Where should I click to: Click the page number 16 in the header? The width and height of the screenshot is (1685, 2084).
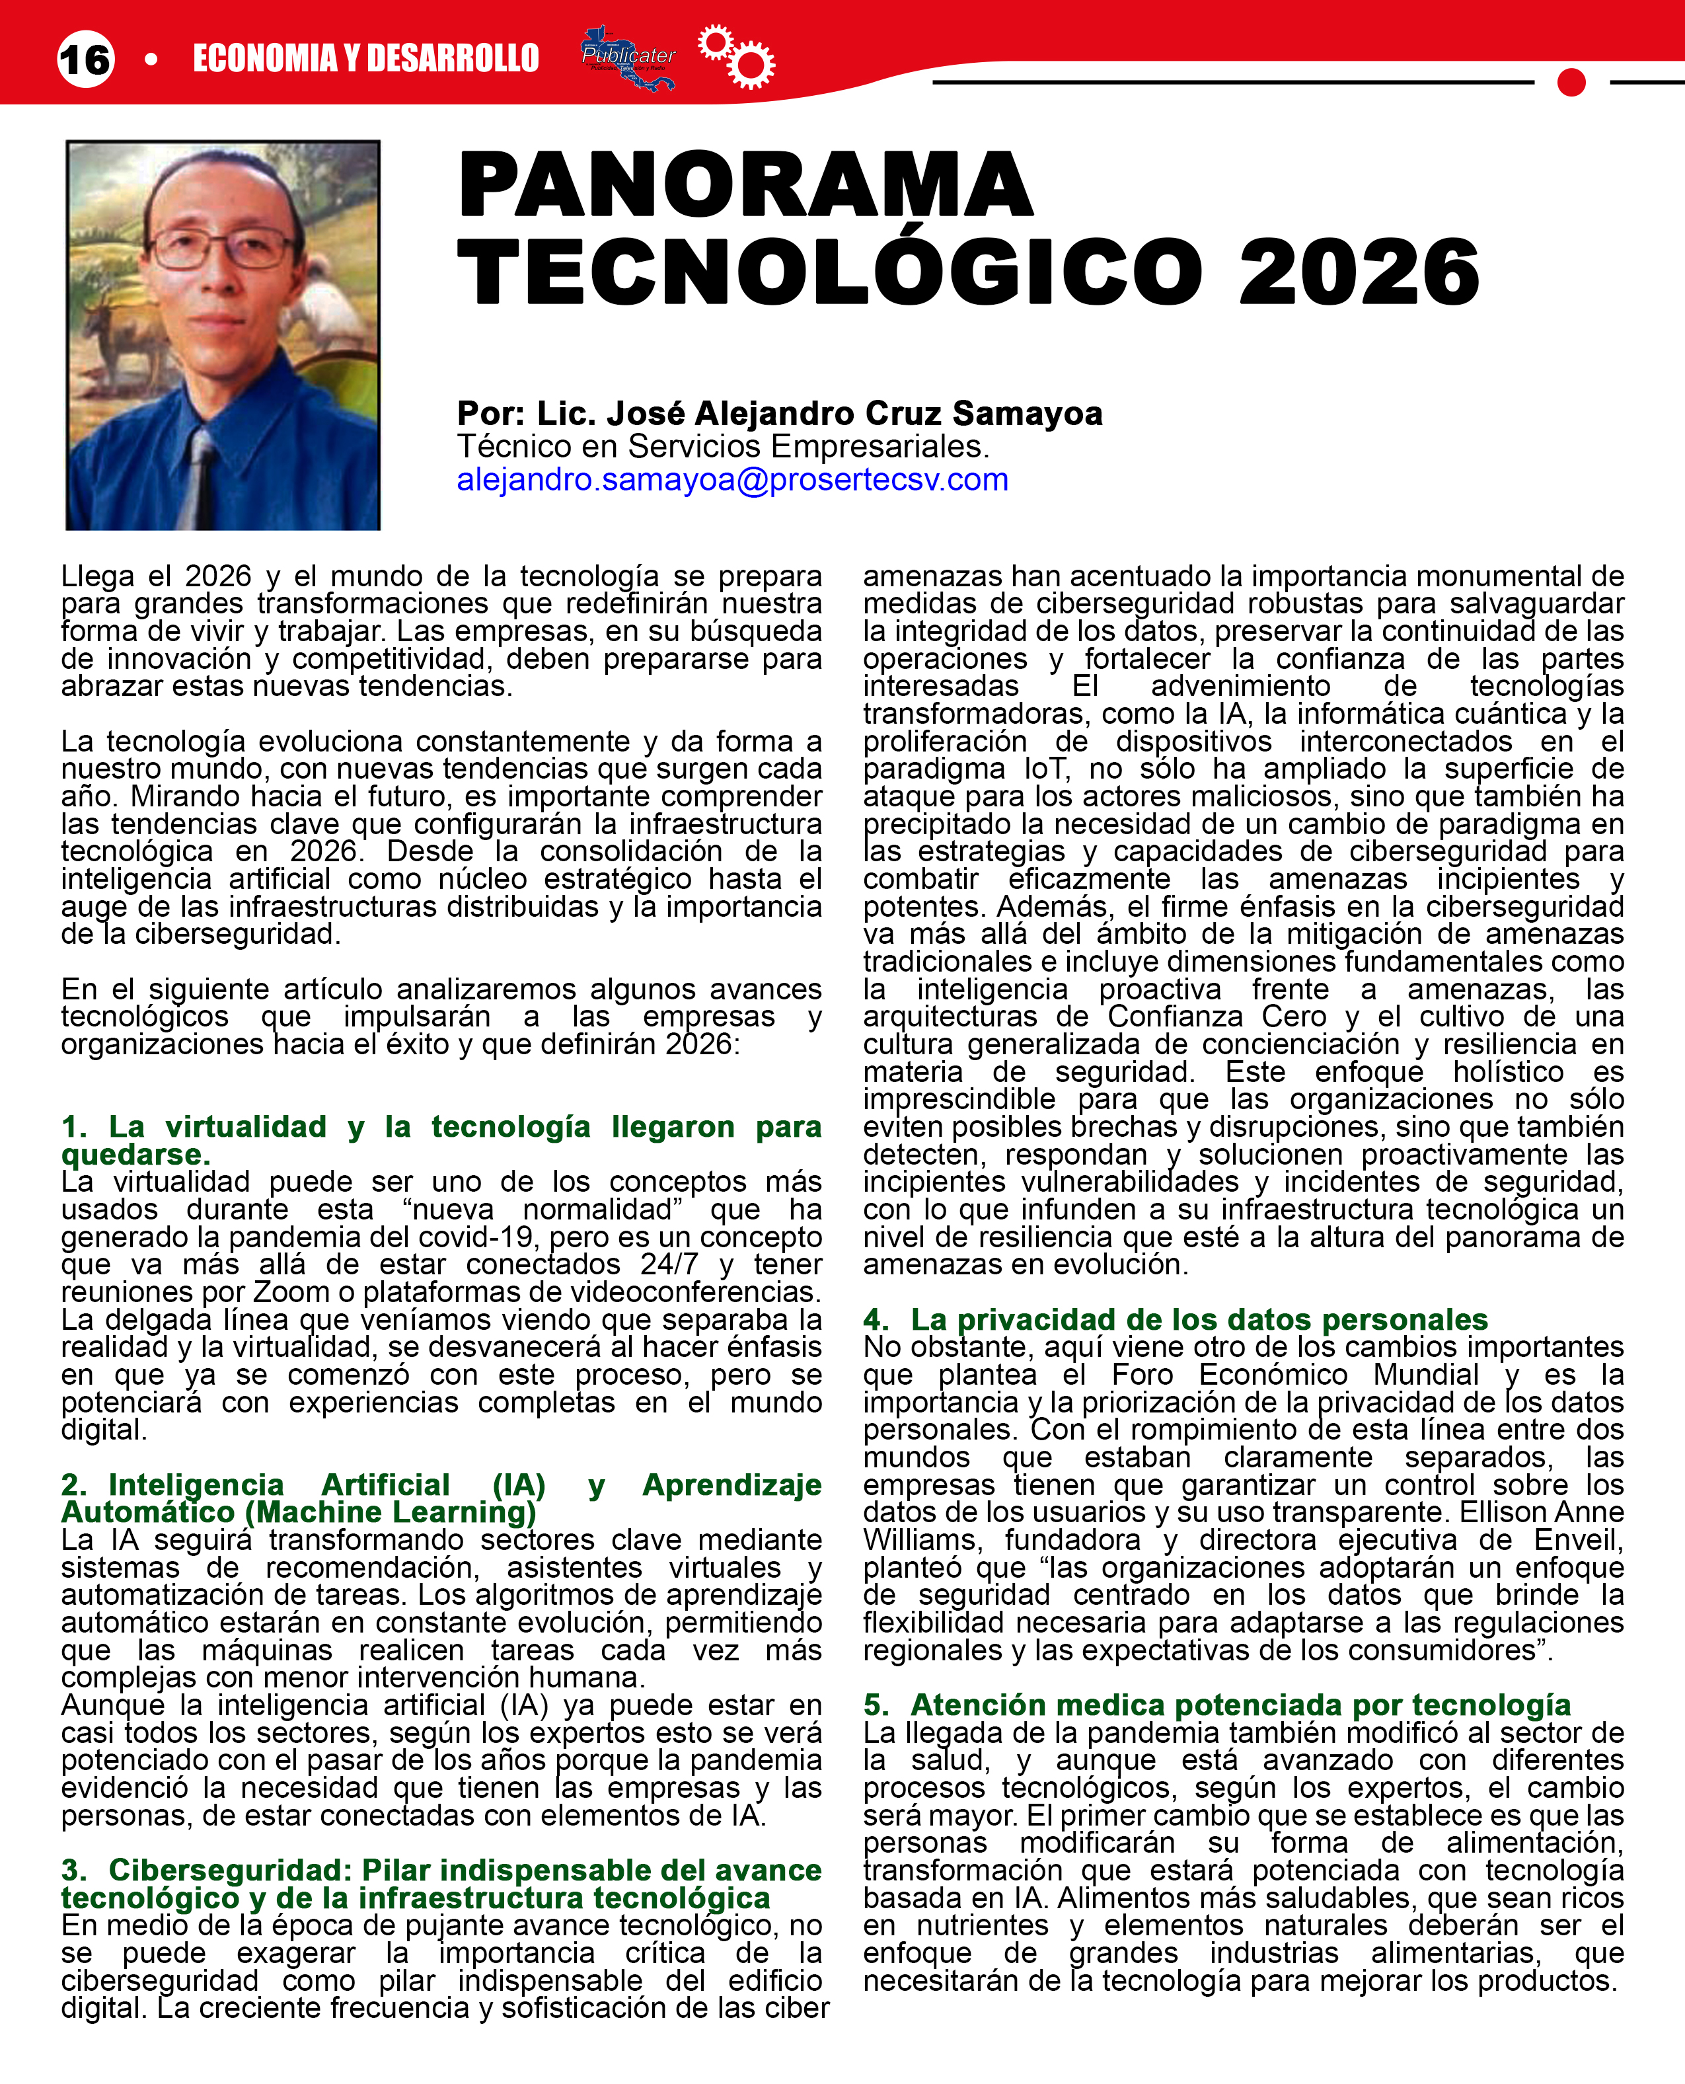tap(85, 59)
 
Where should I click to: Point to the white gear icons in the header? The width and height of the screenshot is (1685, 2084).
tap(737, 56)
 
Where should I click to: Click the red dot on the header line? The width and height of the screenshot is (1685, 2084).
tap(1571, 83)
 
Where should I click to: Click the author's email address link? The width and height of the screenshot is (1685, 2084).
tap(732, 479)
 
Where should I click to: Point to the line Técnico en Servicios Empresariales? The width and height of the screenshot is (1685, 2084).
tap(722, 447)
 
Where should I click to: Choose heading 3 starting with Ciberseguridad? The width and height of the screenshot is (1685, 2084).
tap(441, 1883)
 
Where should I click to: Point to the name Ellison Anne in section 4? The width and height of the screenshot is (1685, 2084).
tap(1542, 1512)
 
